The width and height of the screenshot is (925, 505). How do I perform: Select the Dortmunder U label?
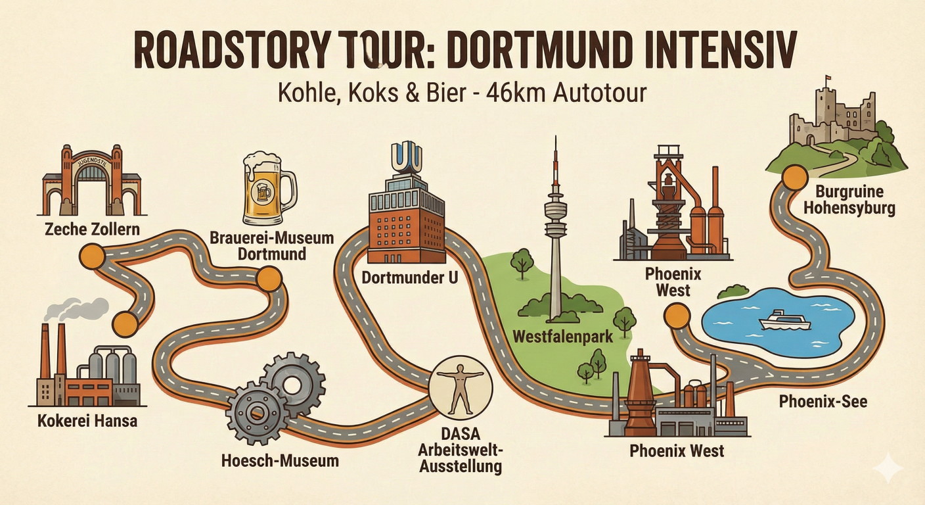[x=410, y=278]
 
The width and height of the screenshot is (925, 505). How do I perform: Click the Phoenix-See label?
[x=823, y=400]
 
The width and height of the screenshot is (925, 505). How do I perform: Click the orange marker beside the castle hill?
[x=795, y=178]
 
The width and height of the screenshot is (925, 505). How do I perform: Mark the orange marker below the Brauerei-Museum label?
[x=268, y=279]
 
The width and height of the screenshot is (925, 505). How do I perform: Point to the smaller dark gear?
[x=256, y=412]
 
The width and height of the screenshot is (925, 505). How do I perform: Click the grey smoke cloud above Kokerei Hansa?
[x=83, y=309]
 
